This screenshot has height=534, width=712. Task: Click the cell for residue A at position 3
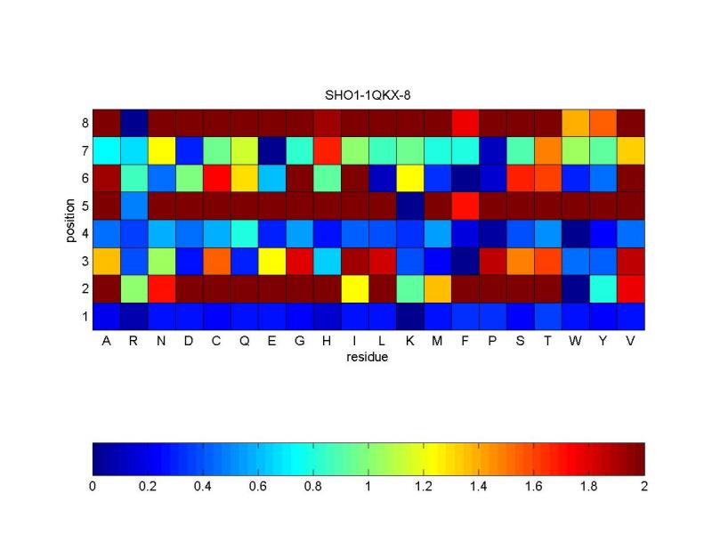coord(107,261)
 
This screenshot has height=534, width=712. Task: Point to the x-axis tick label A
coord(107,342)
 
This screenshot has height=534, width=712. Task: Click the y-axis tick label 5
coord(84,206)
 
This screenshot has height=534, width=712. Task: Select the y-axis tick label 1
coord(84,316)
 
